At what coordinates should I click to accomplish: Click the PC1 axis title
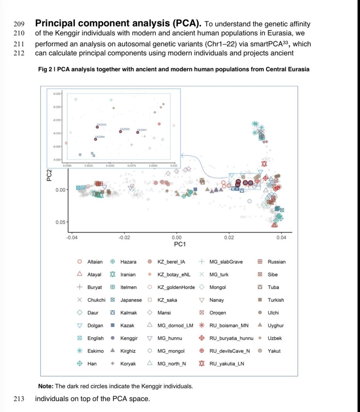[x=180, y=244]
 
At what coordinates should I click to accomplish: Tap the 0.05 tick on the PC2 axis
[x=60, y=222]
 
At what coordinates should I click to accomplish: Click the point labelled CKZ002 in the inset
[x=97, y=127]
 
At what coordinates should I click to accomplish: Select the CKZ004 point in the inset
[x=95, y=139]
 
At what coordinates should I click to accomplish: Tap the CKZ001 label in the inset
[x=142, y=130]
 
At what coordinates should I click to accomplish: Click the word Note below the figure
[x=46, y=386]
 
